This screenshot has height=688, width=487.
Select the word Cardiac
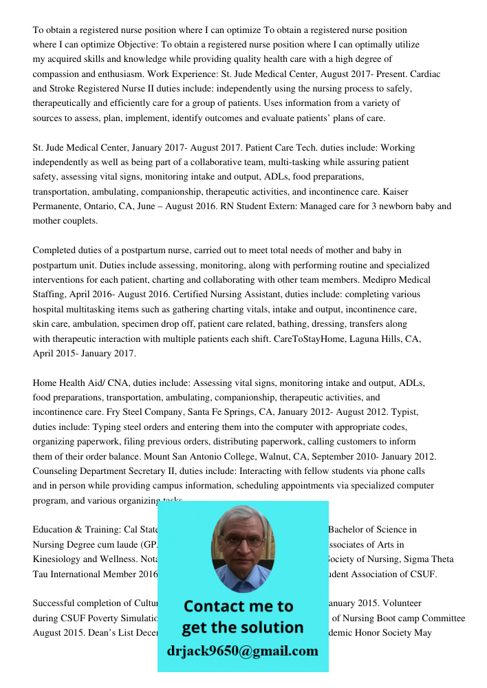(425, 74)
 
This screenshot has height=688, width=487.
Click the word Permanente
(58, 206)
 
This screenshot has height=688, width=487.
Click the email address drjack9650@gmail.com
(243, 651)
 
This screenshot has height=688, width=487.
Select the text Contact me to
(239, 606)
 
